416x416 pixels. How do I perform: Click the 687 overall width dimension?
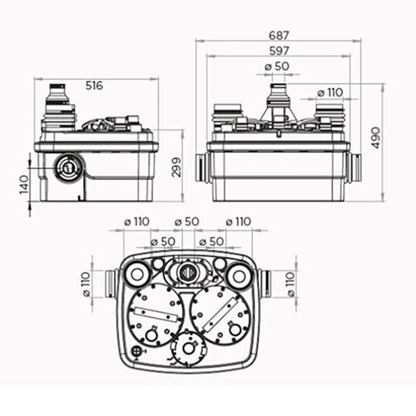click(279, 35)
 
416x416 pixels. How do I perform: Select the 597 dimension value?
click(279, 51)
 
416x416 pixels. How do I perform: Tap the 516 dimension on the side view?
click(94, 86)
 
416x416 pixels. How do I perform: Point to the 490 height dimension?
click(375, 138)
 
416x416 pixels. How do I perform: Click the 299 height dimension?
click(176, 167)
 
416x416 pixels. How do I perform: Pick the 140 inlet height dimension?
click(24, 185)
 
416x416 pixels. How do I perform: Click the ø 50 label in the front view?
click(277, 67)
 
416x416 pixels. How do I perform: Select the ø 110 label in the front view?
click(330, 92)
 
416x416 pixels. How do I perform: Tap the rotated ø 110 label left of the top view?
click(87, 285)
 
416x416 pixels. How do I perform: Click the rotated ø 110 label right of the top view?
click(290, 285)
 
